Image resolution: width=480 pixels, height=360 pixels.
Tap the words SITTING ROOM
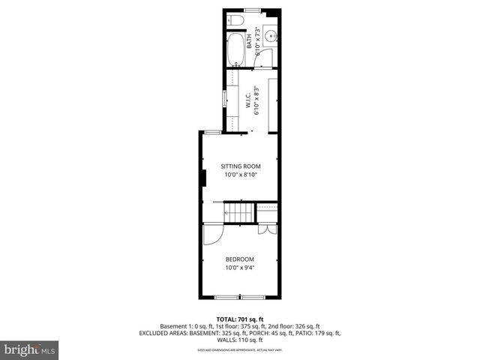(x=240, y=166)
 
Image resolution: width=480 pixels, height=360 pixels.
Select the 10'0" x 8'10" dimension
(x=240, y=175)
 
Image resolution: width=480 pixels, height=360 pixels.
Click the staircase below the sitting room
(x=240, y=213)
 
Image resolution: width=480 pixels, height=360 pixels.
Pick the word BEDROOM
(x=240, y=259)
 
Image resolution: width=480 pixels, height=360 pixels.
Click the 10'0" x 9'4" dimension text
(x=240, y=268)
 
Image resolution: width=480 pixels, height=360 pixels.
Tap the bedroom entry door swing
(x=211, y=233)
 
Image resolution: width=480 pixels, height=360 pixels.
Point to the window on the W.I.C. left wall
(x=223, y=98)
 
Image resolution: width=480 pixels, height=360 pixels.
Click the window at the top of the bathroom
(x=252, y=10)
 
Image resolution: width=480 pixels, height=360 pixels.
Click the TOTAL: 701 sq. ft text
(x=240, y=319)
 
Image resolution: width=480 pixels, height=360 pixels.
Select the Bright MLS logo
(x=30, y=349)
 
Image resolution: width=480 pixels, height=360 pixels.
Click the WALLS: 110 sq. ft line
(x=240, y=340)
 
